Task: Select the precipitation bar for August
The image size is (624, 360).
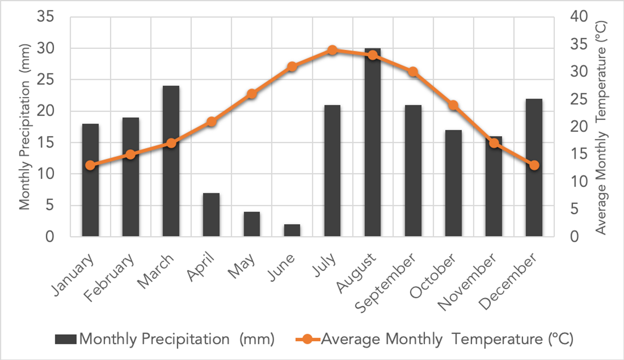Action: [x=372, y=143]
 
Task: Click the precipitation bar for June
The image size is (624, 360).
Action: [x=292, y=230]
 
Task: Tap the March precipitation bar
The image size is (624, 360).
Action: [x=171, y=161]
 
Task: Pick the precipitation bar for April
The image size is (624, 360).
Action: [x=211, y=215]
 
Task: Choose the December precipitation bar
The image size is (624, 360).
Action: [x=534, y=168]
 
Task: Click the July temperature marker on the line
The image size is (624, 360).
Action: [x=332, y=50]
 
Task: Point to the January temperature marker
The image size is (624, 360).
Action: [x=90, y=165]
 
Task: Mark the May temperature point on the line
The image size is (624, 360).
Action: [x=252, y=94]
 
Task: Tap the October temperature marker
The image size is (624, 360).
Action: [x=453, y=105]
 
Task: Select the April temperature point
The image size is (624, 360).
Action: [x=211, y=122]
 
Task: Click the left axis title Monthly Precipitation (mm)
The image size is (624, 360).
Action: [x=25, y=127]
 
